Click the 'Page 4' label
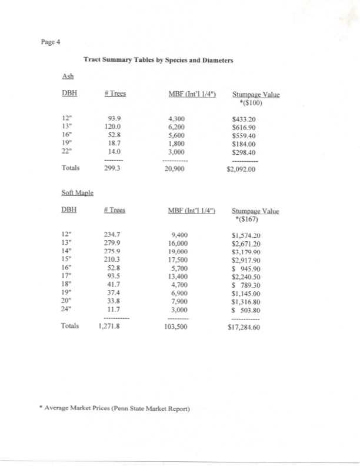tap(51, 42)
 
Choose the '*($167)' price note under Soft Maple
tap(248, 221)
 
